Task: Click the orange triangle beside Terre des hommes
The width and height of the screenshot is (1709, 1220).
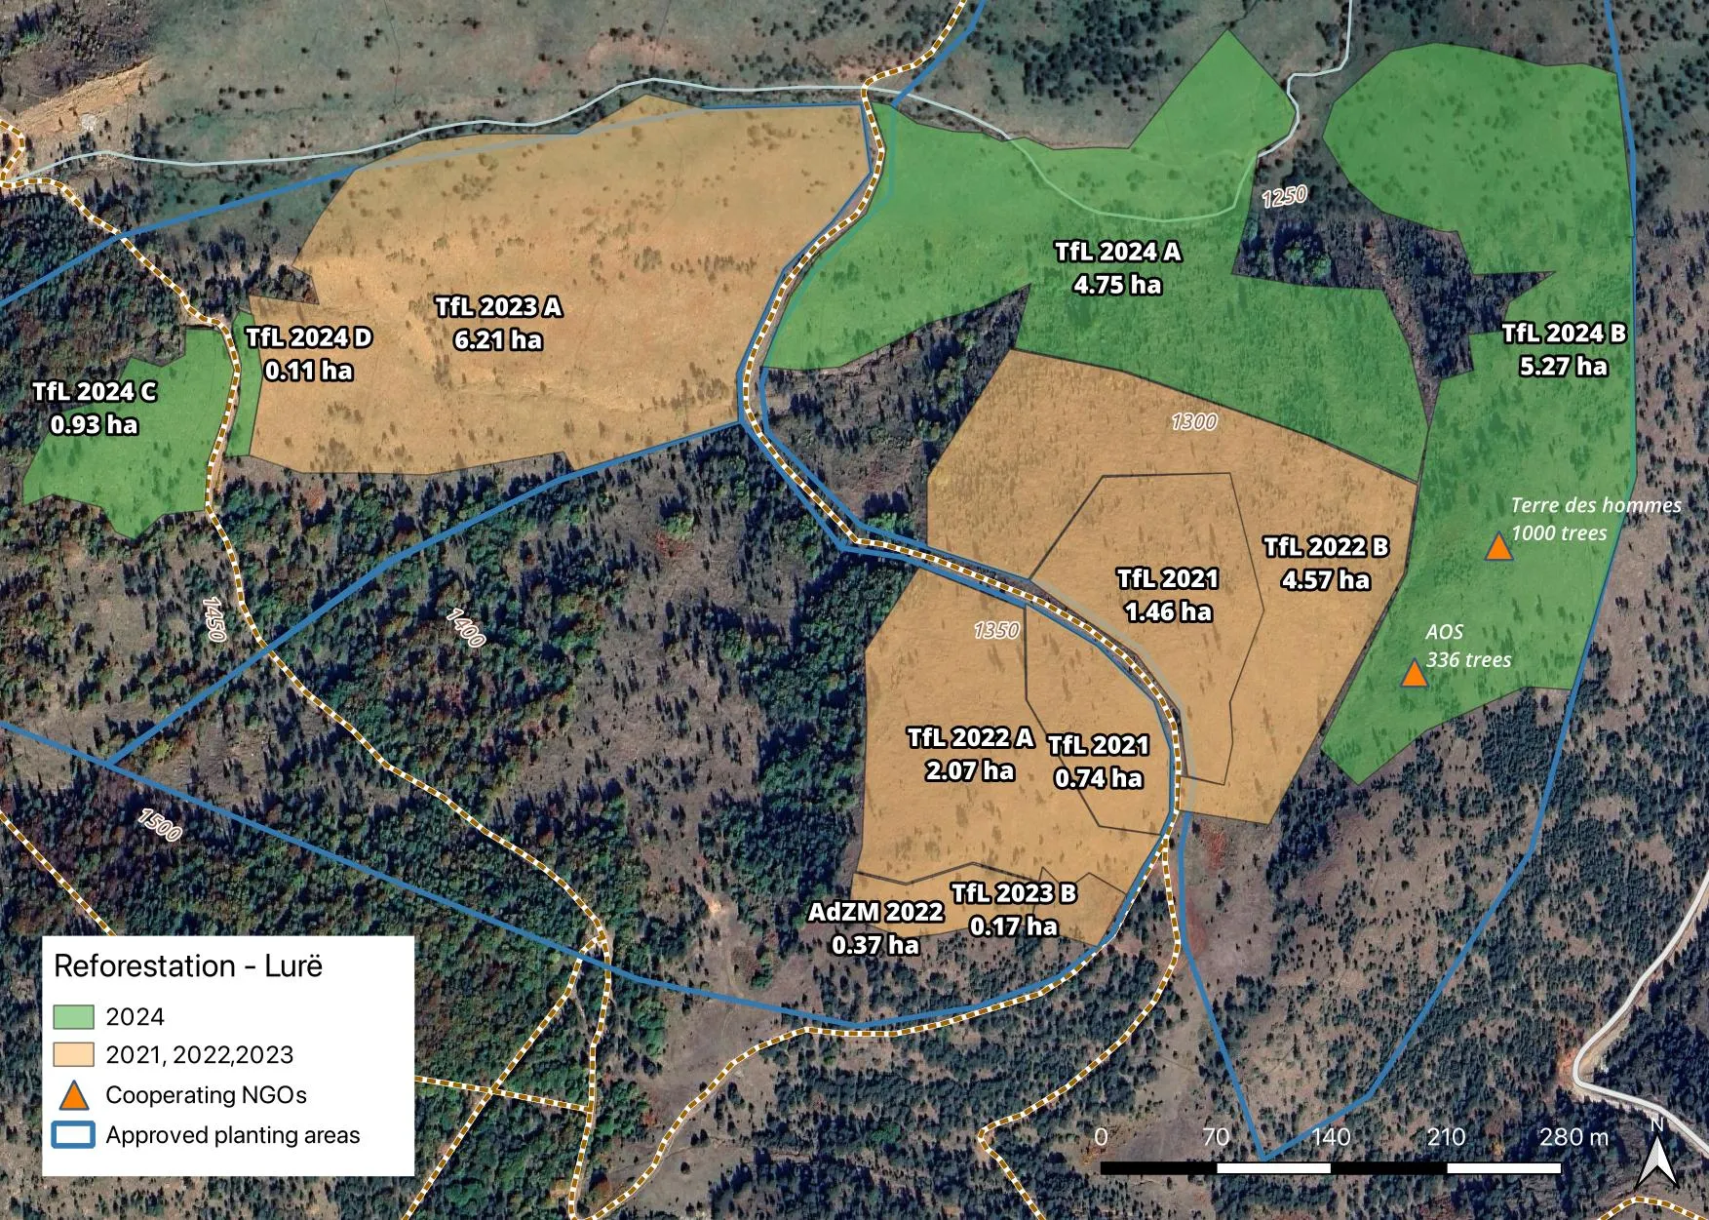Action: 1498,547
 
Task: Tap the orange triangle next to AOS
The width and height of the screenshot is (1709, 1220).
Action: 1414,674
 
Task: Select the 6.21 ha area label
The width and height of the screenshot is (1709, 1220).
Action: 498,340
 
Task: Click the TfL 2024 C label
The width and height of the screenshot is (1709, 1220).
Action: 94,392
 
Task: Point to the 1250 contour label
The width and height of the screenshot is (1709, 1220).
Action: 1284,196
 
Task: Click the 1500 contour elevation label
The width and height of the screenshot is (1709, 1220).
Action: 160,824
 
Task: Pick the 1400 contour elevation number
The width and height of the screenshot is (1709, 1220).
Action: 465,627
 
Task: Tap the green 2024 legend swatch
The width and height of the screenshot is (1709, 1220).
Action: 73,1016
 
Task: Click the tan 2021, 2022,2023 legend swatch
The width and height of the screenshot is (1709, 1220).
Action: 73,1054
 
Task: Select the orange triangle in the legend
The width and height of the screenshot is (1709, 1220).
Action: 73,1095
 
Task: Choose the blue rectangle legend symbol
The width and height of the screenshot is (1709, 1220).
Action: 73,1135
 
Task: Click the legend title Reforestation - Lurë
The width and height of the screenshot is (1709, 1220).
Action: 188,965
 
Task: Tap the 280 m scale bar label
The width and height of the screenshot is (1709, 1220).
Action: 1573,1137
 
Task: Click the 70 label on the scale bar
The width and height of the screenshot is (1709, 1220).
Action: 1215,1137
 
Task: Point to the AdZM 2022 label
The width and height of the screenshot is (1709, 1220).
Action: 875,912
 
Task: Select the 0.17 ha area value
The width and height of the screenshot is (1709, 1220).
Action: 1014,925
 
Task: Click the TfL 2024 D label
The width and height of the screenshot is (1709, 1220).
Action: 308,337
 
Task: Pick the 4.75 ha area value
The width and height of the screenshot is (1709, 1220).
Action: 1117,285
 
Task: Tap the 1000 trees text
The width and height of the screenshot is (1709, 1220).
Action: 1559,533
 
